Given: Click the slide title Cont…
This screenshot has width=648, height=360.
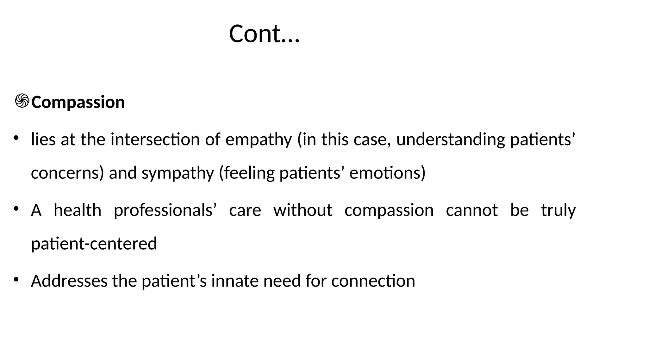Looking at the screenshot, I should point(264,34).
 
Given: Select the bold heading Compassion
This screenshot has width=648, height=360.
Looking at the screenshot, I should point(78,102).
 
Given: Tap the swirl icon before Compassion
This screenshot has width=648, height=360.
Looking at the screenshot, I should point(22,101).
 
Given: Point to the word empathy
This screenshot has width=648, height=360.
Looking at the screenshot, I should point(259,140).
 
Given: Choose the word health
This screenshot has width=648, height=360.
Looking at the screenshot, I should point(78,210).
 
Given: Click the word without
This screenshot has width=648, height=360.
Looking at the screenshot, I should point(303,210).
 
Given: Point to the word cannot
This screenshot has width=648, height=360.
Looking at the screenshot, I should point(472,210).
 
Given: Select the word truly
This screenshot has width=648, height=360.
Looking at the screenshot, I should point(558,210).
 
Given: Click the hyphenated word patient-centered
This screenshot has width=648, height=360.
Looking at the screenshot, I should point(94,244).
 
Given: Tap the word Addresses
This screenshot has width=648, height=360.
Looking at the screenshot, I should point(69,281).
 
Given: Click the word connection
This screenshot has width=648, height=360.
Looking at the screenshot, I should point(373,281).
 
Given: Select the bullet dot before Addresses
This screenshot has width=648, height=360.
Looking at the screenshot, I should point(16,279).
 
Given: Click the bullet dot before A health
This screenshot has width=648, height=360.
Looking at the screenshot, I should point(16,208).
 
